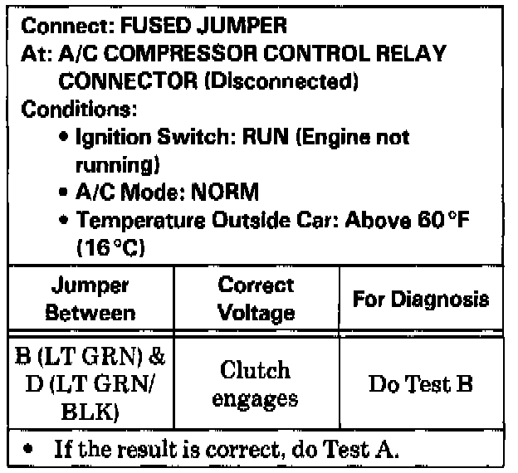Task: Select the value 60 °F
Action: (x=451, y=220)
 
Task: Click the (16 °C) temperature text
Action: (x=105, y=247)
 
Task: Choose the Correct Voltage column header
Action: (x=256, y=300)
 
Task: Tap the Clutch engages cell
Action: (x=256, y=383)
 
